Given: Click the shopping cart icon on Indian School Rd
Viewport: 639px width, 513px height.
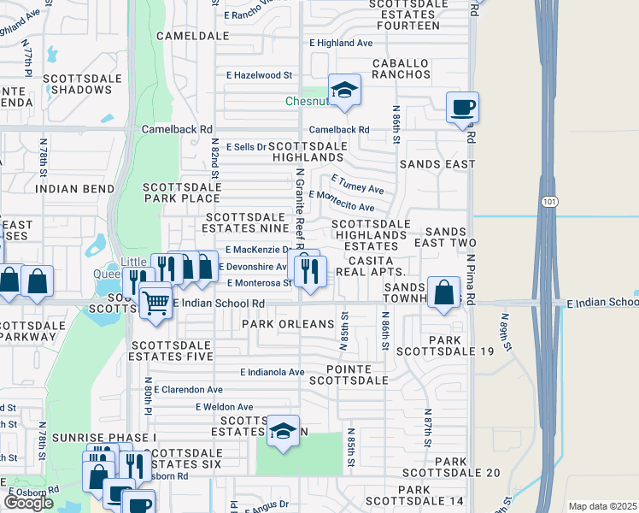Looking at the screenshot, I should [155, 300].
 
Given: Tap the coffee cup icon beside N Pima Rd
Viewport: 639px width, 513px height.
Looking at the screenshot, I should [462, 108].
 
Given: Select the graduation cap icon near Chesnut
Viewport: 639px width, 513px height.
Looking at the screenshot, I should [344, 90].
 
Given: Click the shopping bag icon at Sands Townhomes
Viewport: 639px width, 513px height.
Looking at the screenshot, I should [443, 292].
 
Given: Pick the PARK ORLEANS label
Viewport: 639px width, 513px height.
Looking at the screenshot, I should [288, 324].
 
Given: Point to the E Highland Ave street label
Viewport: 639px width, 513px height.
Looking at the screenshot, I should [341, 43].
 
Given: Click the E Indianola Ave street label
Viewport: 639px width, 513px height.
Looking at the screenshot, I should [273, 372].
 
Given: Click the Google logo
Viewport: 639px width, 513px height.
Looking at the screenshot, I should [28, 503].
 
